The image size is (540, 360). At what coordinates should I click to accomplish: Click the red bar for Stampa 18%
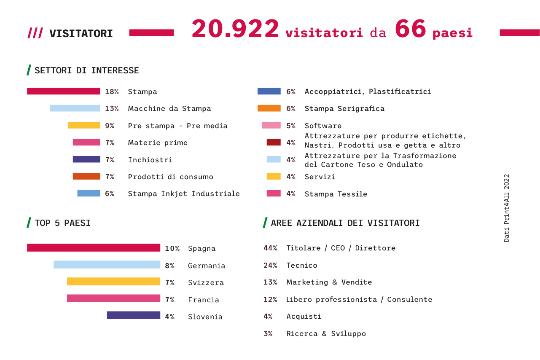(x=64, y=91)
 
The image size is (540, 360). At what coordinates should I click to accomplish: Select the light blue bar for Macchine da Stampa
(x=75, y=108)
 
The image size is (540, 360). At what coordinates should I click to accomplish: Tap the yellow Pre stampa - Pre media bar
(x=84, y=125)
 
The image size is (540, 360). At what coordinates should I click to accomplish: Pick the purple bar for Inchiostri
(x=86, y=159)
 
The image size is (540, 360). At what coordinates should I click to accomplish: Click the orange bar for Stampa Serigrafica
(x=269, y=108)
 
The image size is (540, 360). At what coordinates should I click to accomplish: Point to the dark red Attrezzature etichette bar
(x=274, y=142)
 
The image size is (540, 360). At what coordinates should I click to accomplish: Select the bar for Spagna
(x=94, y=247)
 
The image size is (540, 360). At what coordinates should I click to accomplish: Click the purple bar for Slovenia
(x=134, y=315)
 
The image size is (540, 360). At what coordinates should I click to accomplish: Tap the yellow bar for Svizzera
(x=113, y=282)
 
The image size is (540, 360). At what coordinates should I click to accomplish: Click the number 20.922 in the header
(x=235, y=29)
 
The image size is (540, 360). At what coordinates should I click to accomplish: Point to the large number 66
(x=410, y=29)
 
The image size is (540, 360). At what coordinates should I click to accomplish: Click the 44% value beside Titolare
(x=270, y=248)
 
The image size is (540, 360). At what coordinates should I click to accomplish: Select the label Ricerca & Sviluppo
(x=326, y=333)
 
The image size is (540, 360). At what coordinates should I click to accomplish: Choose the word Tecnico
(x=302, y=265)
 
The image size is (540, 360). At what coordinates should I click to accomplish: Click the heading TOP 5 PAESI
(x=63, y=223)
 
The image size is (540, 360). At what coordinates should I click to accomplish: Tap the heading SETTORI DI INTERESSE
(x=87, y=70)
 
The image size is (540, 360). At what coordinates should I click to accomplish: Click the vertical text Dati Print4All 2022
(x=507, y=208)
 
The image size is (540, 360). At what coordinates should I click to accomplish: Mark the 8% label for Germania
(x=170, y=266)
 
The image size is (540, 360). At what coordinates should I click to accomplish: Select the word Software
(x=323, y=126)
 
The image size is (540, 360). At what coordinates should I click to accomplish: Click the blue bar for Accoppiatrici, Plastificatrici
(x=269, y=91)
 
